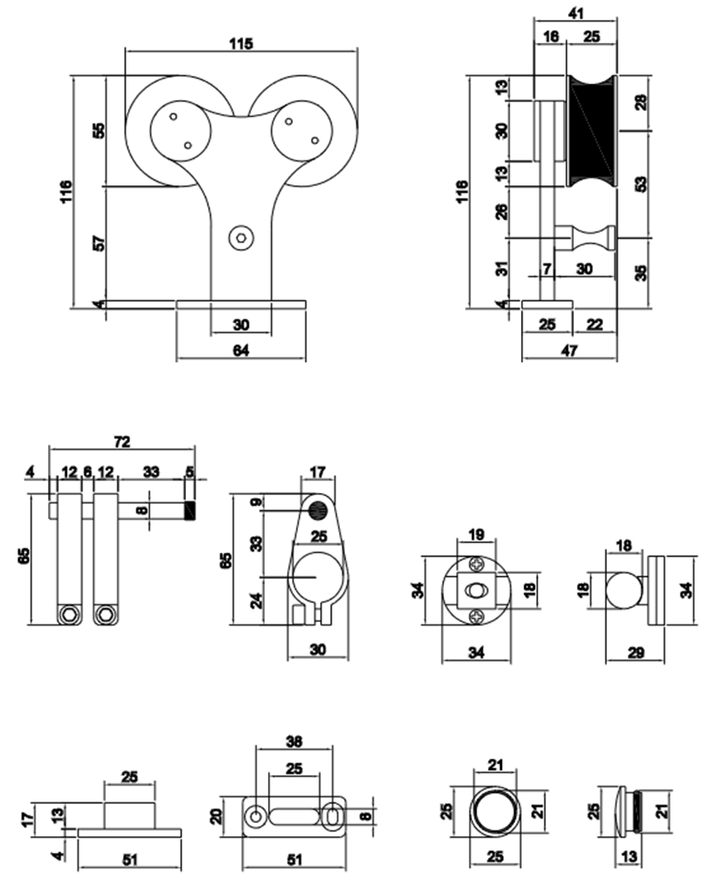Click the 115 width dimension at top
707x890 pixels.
point(241,43)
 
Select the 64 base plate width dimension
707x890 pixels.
point(241,350)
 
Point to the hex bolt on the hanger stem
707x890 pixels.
point(241,238)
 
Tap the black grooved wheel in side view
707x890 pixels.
point(592,131)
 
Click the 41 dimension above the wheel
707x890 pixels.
point(576,12)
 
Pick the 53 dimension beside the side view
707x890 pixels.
point(641,184)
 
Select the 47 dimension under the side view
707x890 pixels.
point(569,350)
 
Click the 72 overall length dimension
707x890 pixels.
point(122,441)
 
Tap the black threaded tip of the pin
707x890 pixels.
point(189,512)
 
